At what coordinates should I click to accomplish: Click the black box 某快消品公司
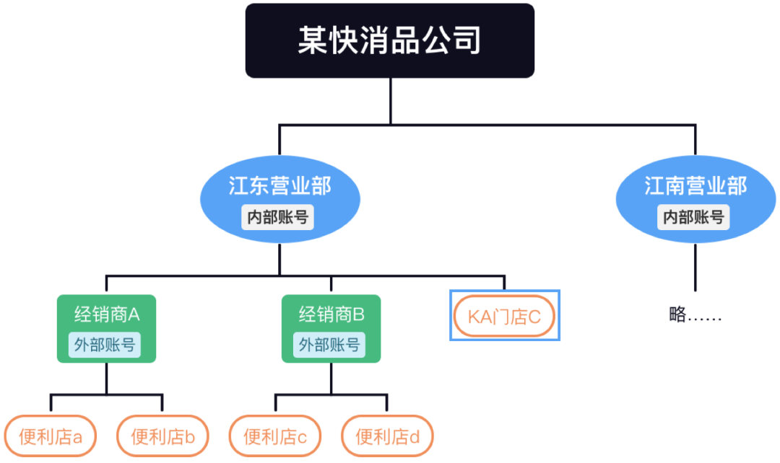389,40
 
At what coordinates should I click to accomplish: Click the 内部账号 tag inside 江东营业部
278,216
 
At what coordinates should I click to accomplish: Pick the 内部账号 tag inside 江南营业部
694,216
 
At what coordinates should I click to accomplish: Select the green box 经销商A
106,314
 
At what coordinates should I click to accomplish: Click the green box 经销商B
331,314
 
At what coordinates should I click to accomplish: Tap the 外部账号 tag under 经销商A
106,344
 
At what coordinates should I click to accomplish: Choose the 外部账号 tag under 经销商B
331,344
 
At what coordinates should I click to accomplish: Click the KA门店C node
505,315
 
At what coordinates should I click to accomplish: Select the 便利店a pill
50,436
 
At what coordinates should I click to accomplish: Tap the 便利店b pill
162,436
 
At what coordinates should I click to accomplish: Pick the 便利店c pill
275,436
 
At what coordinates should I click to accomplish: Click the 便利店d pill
387,436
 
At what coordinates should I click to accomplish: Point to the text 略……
695,315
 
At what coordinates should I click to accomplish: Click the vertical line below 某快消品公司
390,101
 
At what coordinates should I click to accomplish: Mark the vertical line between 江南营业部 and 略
695,267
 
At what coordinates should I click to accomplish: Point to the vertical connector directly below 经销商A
106,378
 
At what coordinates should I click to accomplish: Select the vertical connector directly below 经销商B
331,378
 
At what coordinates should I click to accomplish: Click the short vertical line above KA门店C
504,283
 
